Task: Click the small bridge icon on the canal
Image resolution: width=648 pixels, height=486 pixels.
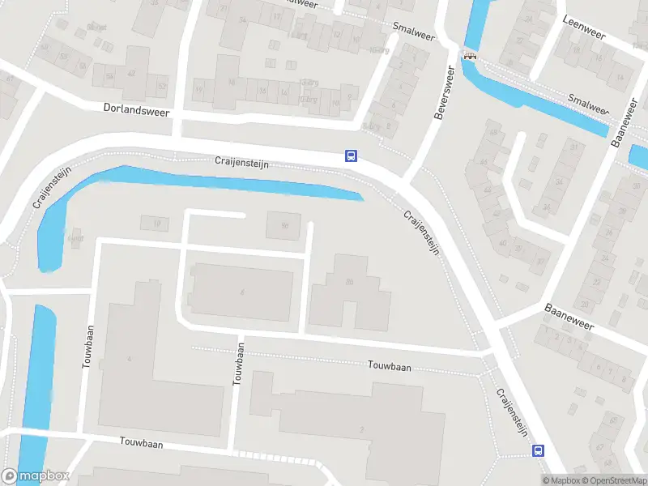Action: [x=469, y=56]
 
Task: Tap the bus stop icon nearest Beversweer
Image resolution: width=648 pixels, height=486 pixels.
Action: [x=351, y=156]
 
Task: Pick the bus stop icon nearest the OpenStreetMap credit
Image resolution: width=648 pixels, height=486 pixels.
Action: [x=537, y=450]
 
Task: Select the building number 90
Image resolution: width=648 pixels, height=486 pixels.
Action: [x=284, y=226]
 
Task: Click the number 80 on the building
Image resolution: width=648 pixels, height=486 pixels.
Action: [x=350, y=282]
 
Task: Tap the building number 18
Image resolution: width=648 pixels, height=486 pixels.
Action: [x=156, y=223]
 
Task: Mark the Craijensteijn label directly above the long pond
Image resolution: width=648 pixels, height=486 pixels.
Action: [x=241, y=163]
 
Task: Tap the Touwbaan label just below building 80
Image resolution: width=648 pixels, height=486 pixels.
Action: [x=389, y=367]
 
